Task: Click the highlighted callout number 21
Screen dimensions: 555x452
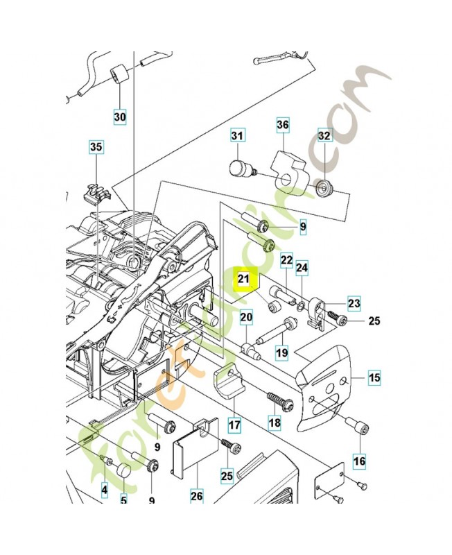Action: [243, 279]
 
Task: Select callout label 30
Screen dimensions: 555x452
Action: [120, 117]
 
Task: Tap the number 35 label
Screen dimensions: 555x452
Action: [96, 146]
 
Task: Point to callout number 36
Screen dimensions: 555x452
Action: [282, 125]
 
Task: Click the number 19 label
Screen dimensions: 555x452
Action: [281, 352]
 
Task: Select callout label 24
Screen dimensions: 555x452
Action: [302, 267]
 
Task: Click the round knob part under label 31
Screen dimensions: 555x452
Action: [240, 169]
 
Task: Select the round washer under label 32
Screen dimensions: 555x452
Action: [323, 187]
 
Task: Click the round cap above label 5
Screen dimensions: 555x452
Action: [125, 472]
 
